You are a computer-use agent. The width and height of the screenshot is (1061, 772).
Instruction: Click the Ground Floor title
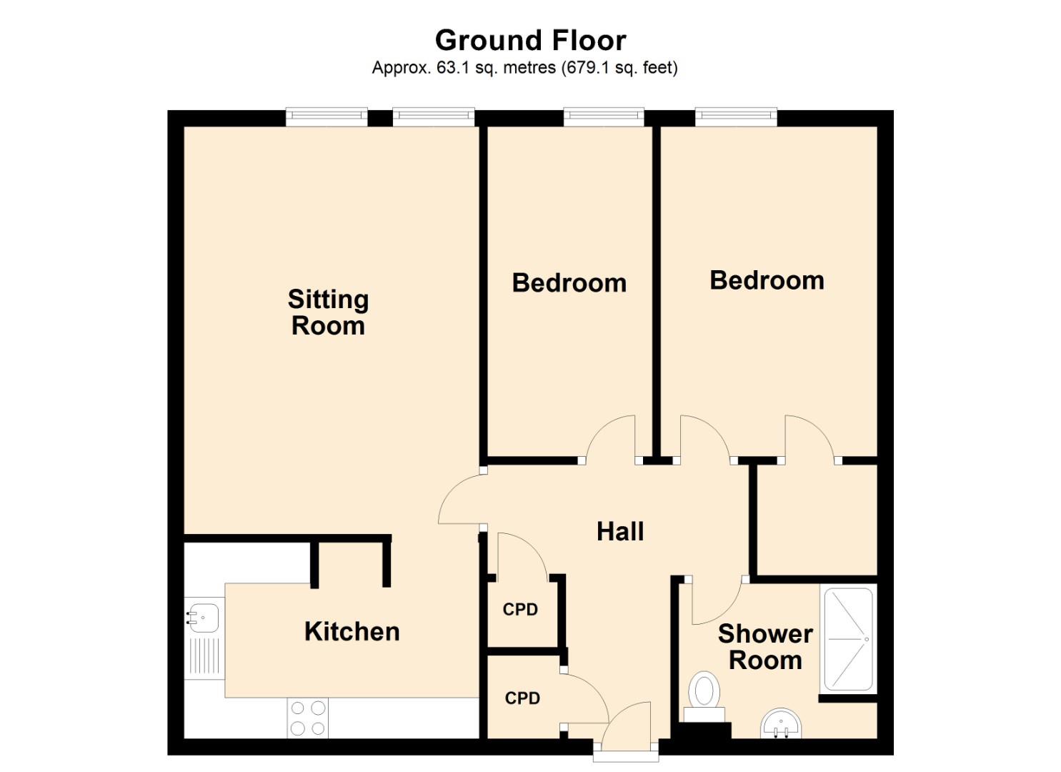[x=530, y=41]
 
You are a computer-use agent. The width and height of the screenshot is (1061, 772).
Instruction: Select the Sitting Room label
[x=328, y=312]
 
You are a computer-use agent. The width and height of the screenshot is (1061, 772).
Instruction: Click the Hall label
[x=620, y=532]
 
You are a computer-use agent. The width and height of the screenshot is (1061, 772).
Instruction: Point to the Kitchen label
[x=352, y=632]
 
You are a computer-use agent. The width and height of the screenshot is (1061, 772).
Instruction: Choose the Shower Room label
[x=765, y=647]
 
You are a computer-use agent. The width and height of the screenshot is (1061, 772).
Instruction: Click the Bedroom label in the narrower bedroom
[x=569, y=283]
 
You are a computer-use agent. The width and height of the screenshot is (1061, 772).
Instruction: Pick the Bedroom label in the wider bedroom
[x=767, y=280]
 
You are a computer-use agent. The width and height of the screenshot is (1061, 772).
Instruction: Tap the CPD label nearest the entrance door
[x=522, y=698]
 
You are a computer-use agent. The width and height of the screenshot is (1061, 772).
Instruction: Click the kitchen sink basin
[x=202, y=617]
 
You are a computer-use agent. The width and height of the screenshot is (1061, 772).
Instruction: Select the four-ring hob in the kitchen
[x=308, y=718]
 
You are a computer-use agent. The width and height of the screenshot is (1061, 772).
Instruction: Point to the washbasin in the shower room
[x=782, y=723]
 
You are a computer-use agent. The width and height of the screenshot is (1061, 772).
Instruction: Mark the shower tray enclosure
[x=848, y=639]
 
